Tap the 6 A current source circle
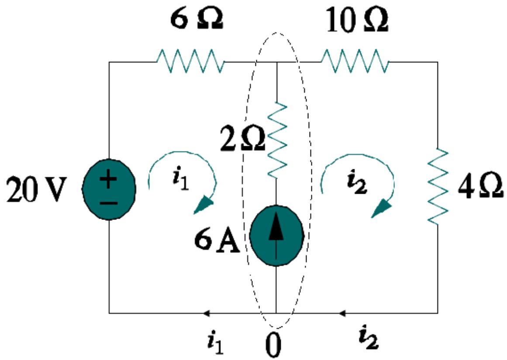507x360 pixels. pos(276,234)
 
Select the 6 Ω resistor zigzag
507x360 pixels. pos(191,62)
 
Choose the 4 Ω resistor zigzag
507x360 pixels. pos(438,187)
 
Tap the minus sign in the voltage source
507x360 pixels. pos(110,202)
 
